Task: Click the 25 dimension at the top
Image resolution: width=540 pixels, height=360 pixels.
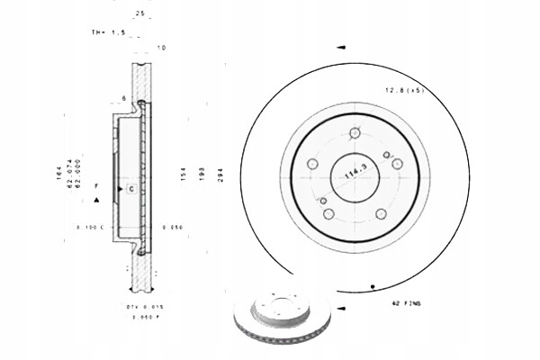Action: pyautogui.click(x=139, y=13)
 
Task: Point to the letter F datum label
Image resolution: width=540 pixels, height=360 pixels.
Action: pyautogui.click(x=95, y=184)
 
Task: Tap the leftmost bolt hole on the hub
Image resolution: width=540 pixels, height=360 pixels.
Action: pyautogui.click(x=312, y=164)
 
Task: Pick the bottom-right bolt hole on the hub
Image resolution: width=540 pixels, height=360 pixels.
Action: pyautogui.click(x=381, y=213)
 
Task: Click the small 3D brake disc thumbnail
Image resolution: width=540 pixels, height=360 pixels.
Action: pyautogui.click(x=282, y=322)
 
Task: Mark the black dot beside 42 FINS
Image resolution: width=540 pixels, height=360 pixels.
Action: pyautogui.click(x=373, y=287)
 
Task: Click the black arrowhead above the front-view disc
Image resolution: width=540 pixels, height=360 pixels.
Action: pyautogui.click(x=339, y=46)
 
